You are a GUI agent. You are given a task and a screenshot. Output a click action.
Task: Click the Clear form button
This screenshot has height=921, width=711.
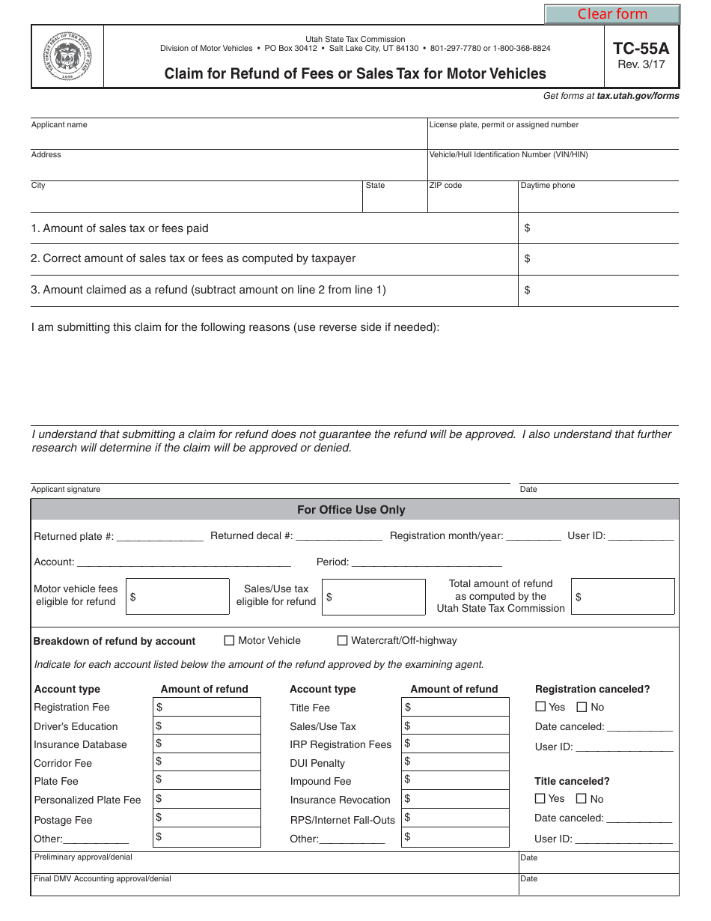point(611,14)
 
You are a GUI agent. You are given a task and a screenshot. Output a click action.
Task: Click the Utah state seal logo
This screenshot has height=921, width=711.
point(67,56)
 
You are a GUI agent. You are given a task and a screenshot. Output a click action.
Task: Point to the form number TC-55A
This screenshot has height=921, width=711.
point(641,49)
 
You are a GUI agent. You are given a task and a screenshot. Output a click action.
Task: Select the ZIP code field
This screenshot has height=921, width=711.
point(472,200)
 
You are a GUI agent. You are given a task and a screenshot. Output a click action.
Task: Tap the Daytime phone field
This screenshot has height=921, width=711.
point(599,200)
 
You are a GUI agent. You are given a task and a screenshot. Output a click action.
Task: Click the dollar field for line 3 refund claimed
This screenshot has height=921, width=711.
point(599,291)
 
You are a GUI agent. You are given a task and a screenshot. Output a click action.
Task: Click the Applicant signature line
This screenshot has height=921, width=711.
point(269,476)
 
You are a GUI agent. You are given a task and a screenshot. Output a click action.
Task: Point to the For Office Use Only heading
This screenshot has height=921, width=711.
point(351,510)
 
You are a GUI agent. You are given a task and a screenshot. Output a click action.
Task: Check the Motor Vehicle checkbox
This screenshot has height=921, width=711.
point(230,640)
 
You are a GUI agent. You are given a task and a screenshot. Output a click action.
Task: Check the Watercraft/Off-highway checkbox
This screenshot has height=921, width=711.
point(343,640)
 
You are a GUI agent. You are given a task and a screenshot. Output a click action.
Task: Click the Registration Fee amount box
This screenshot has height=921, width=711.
point(207,707)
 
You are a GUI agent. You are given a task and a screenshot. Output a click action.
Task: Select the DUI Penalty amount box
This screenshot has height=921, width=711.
point(455,762)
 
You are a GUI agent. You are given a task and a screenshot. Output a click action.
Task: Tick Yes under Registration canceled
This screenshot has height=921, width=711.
point(540,707)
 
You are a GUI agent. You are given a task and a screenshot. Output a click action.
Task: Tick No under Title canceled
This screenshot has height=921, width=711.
point(581,798)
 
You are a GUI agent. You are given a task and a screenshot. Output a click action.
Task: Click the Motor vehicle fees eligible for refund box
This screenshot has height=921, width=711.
point(177,597)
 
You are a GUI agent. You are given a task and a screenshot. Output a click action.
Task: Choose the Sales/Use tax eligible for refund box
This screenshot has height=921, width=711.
point(373,597)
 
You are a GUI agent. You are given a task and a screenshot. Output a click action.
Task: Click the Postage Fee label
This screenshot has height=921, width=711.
point(64,820)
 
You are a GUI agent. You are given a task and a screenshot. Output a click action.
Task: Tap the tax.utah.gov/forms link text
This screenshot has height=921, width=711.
point(638,96)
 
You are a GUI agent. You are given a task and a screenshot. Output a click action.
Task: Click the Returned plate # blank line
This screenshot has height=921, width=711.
point(160,536)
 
